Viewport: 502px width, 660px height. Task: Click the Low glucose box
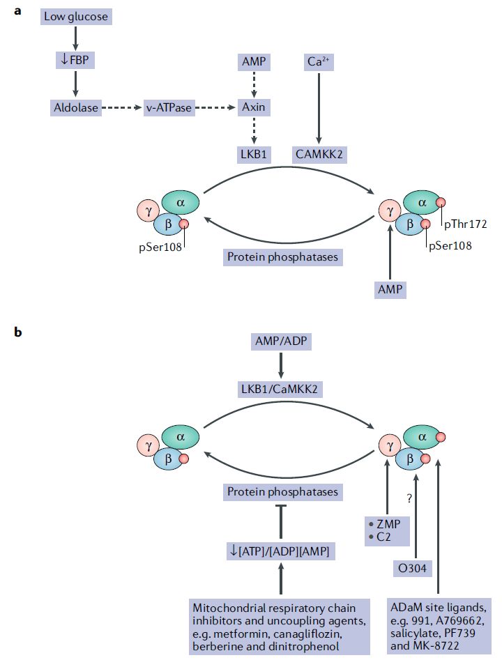pyautogui.click(x=76, y=17)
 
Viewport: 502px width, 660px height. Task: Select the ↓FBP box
pyautogui.click(x=75, y=60)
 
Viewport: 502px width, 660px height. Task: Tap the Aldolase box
pyautogui.click(x=76, y=108)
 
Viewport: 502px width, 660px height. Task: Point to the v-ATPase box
pyautogui.click(x=169, y=108)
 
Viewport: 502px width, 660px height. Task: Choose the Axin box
pyautogui.click(x=254, y=107)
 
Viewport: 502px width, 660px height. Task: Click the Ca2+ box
pyautogui.click(x=319, y=62)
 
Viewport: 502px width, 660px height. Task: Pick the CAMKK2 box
pyautogui.click(x=319, y=155)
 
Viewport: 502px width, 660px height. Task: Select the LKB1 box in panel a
pyautogui.click(x=254, y=155)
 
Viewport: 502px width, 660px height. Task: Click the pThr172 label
pyautogui.click(x=465, y=224)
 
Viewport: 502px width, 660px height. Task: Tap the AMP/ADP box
pyautogui.click(x=281, y=341)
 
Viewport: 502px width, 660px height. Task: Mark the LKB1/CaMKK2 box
pyautogui.click(x=279, y=389)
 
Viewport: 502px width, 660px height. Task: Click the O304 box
pyautogui.click(x=412, y=569)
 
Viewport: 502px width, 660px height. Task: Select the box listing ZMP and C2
pyautogui.click(x=387, y=530)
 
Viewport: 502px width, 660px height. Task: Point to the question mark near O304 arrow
pyautogui.click(x=409, y=499)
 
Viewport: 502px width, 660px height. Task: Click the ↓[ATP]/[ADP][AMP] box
pyautogui.click(x=281, y=551)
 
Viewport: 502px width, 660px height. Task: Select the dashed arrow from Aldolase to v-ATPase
pyautogui.click(x=122, y=108)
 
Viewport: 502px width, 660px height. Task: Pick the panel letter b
pyautogui.click(x=17, y=332)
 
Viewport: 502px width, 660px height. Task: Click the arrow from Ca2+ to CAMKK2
pyautogui.click(x=319, y=108)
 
